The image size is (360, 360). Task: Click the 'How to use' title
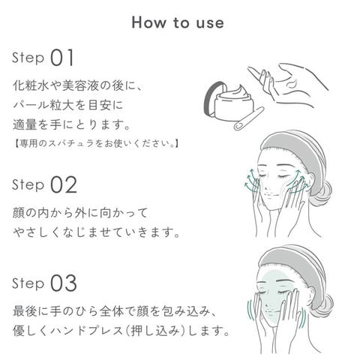tap(178, 22)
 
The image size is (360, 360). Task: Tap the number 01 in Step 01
tap(62, 58)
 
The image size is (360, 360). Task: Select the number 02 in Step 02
tap(64, 184)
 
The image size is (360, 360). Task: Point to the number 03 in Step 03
tap(64, 283)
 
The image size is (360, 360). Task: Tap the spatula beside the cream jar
tap(249, 118)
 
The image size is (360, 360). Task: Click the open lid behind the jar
tap(212, 98)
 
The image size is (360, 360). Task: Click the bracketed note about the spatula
tap(96, 144)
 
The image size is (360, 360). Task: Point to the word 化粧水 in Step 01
tap(31, 85)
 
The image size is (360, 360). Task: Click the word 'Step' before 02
tap(28, 185)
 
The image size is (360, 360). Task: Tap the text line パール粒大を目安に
tap(68, 105)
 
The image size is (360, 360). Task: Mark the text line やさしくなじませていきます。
tap(97, 232)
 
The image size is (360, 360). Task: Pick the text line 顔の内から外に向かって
tap(80, 213)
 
